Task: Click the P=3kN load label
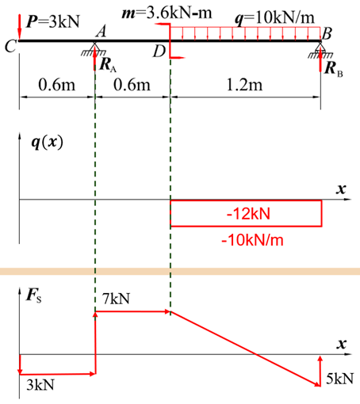[53, 21]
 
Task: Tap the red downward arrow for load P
[19, 28]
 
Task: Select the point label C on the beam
[10, 47]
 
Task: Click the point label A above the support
[101, 32]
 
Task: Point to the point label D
[159, 51]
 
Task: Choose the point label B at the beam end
[327, 34]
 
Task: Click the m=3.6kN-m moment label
[167, 13]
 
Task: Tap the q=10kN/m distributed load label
[275, 18]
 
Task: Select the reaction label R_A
[108, 65]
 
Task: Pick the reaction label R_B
[334, 69]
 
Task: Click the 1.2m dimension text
[245, 85]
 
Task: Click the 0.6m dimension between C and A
[57, 85]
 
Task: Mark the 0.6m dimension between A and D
[132, 85]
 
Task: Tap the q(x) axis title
[48, 143]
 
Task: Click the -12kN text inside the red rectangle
[248, 214]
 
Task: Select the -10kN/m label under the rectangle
[252, 240]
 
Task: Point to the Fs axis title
[34, 295]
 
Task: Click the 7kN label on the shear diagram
[117, 299]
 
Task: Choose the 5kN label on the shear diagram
[339, 379]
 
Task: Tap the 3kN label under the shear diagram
[40, 385]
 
